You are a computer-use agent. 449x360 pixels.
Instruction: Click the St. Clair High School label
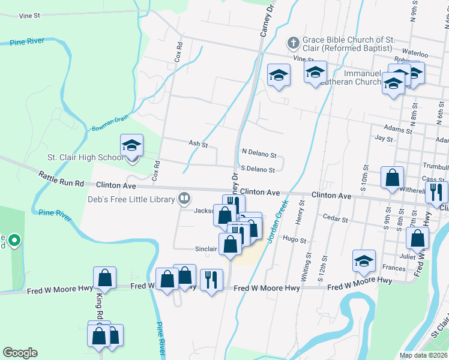85,158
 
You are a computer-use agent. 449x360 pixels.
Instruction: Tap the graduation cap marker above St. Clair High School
132,146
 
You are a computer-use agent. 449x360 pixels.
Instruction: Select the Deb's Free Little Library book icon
184,199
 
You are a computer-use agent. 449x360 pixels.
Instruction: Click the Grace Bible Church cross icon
293,43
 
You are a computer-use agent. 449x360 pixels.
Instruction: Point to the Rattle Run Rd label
61,179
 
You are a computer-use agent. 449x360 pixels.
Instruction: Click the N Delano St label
258,154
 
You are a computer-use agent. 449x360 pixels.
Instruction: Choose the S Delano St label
258,170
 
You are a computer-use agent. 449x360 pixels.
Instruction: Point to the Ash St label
198,144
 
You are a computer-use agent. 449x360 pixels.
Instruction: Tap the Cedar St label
335,219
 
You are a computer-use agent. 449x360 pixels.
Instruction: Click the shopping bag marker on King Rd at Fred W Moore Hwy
104,278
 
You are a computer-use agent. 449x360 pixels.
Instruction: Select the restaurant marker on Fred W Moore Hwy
211,280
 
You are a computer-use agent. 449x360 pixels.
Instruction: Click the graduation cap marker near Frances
364,261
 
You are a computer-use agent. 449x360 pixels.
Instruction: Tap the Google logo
20,353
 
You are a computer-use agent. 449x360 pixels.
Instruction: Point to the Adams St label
398,130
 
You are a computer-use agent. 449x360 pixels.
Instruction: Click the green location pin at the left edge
16,241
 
